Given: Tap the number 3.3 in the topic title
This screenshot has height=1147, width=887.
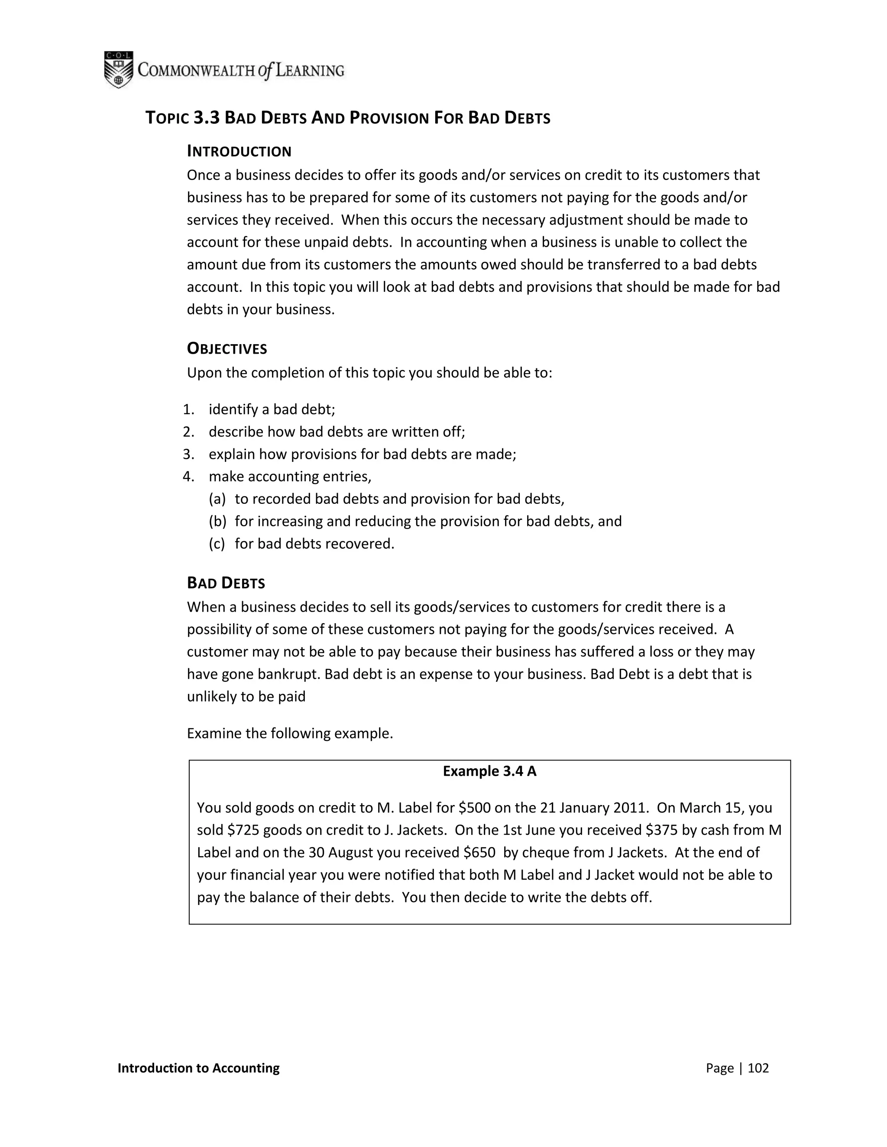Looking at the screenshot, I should [x=206, y=118].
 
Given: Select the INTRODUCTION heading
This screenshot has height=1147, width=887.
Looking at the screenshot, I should [x=239, y=152].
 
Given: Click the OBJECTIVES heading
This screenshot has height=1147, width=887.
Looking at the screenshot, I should [x=227, y=349].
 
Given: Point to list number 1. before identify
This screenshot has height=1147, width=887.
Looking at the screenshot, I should [x=189, y=409].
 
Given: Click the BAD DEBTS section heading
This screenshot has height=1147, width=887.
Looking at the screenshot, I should [x=226, y=583].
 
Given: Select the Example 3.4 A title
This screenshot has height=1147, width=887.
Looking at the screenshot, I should [x=489, y=771].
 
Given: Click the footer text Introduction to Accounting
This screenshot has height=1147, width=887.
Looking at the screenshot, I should [x=199, y=1068].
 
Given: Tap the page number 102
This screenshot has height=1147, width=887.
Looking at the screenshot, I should [x=758, y=1068].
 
